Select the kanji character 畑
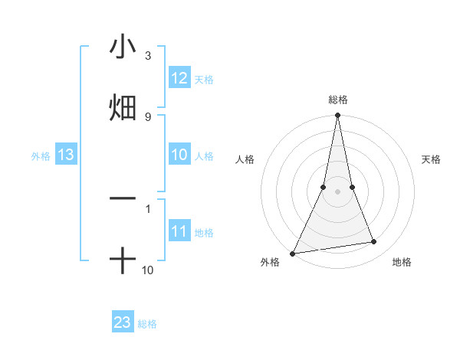click(123, 107)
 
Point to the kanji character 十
click(123, 261)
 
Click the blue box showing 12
click(179, 78)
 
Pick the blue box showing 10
click(179, 155)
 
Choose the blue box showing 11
click(179, 231)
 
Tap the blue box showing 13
click(66, 155)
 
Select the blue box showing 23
click(123, 322)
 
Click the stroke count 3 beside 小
click(148, 56)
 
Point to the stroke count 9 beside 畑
click(148, 116)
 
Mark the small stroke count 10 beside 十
click(148, 270)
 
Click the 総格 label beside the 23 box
click(147, 324)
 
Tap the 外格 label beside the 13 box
click(41, 156)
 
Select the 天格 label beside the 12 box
click(204, 80)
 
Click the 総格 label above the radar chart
click(337, 100)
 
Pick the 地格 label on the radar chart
click(402, 263)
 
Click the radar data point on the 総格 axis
click(337, 116)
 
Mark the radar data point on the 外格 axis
click(293, 253)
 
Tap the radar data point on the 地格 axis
click(374, 242)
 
